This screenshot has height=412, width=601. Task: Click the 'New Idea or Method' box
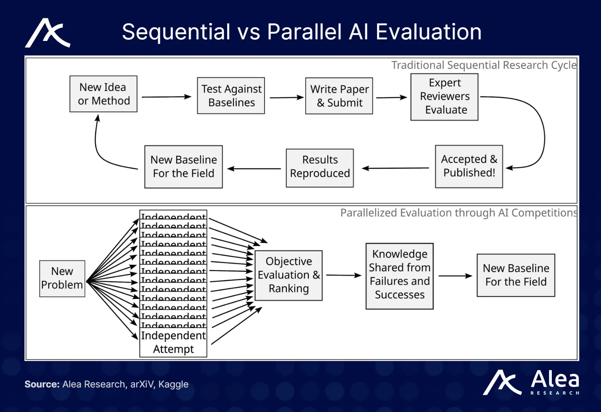103,94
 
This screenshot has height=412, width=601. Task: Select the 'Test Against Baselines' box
231,95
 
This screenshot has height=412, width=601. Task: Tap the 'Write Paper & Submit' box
339,96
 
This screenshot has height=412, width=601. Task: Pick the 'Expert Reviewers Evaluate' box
445,97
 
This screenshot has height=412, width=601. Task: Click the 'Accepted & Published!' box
469,166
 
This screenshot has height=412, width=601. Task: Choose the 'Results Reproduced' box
320,168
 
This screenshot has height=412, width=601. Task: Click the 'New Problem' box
62,278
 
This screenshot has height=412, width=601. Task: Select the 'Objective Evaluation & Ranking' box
288,275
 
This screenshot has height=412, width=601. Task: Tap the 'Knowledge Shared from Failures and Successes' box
400,276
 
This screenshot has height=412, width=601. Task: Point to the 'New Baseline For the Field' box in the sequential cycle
183,167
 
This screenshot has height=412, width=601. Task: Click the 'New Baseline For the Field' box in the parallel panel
516,275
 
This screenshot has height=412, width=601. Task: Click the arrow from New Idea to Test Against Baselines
167,97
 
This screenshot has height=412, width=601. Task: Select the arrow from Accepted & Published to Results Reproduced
395,168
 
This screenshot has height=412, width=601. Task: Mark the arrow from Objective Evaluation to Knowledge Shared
344,275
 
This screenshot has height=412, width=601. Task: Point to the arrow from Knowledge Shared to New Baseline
455,276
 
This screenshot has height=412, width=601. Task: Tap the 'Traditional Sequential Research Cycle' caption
484,65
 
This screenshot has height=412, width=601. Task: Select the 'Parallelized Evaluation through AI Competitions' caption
459,213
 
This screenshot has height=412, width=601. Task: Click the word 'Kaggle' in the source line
173,384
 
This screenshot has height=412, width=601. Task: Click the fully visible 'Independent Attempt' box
173,342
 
